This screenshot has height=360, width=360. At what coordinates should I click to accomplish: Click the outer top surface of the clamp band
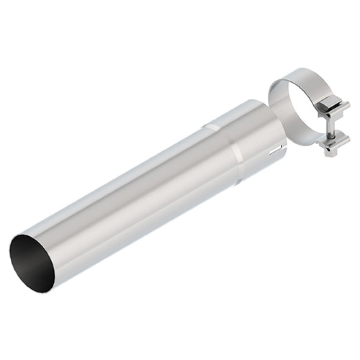click(x=297, y=74)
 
